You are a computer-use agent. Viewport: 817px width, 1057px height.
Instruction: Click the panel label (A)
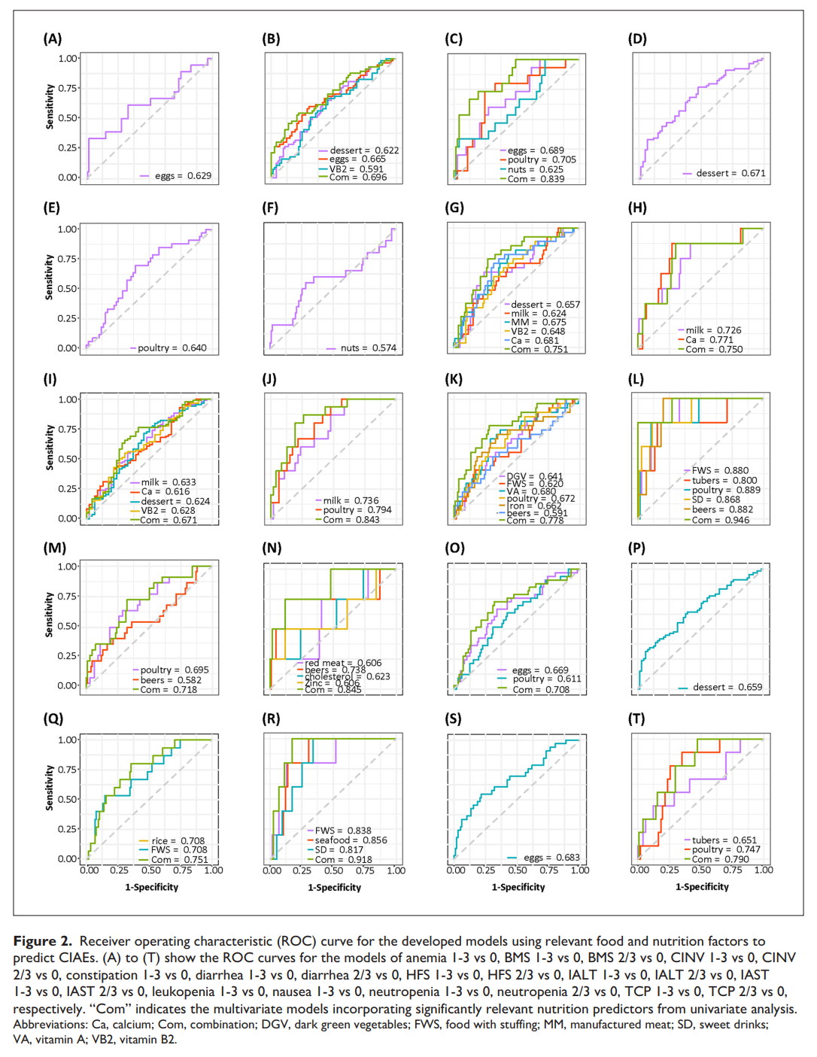(53, 39)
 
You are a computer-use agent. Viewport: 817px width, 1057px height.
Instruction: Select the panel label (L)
(636, 379)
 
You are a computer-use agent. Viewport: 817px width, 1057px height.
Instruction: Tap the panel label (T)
(636, 719)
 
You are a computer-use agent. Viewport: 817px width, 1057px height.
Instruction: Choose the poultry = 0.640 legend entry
(172, 348)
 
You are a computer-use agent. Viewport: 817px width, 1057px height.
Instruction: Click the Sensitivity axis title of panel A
(50, 107)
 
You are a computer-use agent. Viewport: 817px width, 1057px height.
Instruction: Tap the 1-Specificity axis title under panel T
(702, 887)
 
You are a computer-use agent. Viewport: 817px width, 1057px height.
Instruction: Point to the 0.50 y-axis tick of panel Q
(68, 799)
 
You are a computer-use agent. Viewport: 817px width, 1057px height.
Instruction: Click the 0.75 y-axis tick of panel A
(68, 88)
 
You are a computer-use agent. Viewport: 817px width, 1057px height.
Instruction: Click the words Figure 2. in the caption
(43, 941)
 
